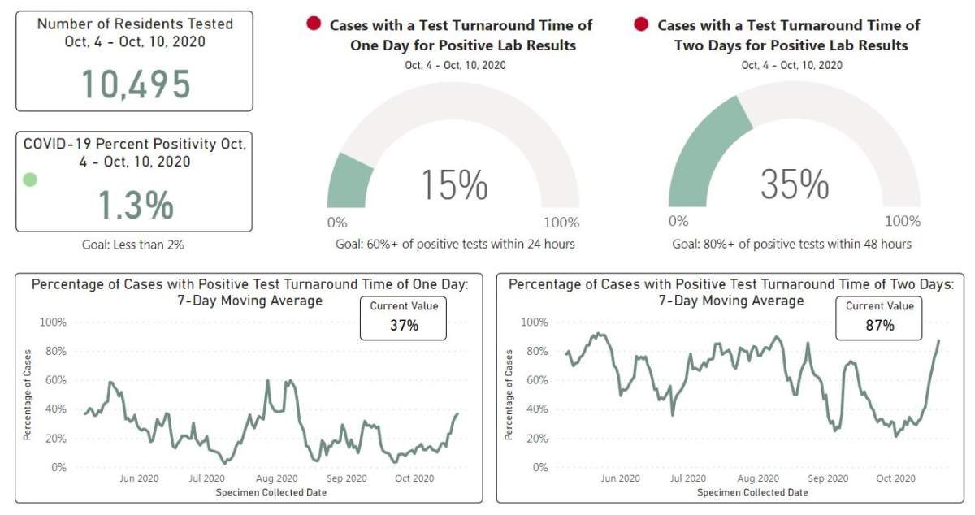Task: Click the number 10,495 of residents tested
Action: point(136,84)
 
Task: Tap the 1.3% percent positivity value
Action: point(136,205)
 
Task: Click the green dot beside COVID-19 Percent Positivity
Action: point(30,180)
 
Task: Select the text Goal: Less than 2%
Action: point(134,244)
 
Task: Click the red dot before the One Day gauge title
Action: point(314,24)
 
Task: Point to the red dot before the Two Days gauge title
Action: point(641,24)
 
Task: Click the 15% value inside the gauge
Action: point(454,184)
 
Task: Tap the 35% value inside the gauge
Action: point(794,184)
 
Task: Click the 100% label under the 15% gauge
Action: point(561,223)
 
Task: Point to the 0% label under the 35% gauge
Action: point(678,221)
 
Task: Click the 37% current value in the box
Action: point(403,326)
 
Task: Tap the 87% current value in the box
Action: point(879,326)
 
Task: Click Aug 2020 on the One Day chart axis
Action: point(276,479)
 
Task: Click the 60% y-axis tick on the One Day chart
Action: point(54,380)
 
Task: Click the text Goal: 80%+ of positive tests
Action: point(791,244)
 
